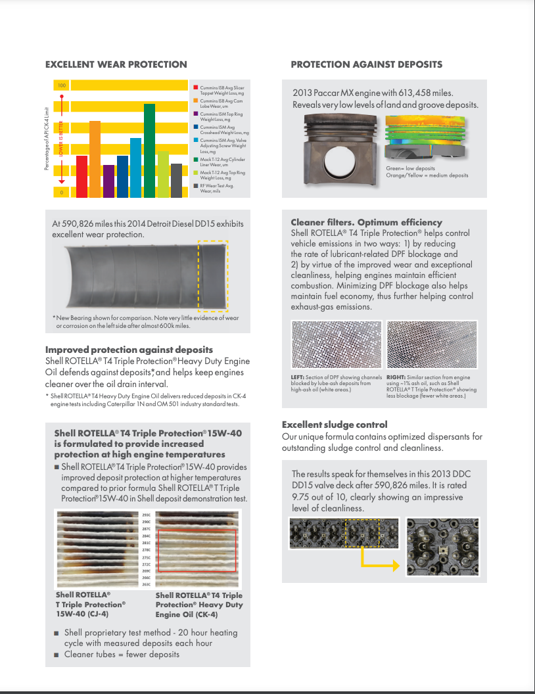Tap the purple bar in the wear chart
point(108,181)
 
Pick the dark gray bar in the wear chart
point(176,180)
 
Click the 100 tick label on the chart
point(62,85)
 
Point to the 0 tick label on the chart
point(62,192)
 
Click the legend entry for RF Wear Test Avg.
point(217,188)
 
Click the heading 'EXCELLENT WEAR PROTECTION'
point(116,64)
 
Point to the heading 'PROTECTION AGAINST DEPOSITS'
point(366,64)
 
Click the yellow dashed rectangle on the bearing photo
point(214,276)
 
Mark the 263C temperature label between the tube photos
point(146,584)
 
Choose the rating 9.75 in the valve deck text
point(303,497)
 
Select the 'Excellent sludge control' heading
point(335,425)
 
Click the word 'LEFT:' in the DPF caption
point(298,377)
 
